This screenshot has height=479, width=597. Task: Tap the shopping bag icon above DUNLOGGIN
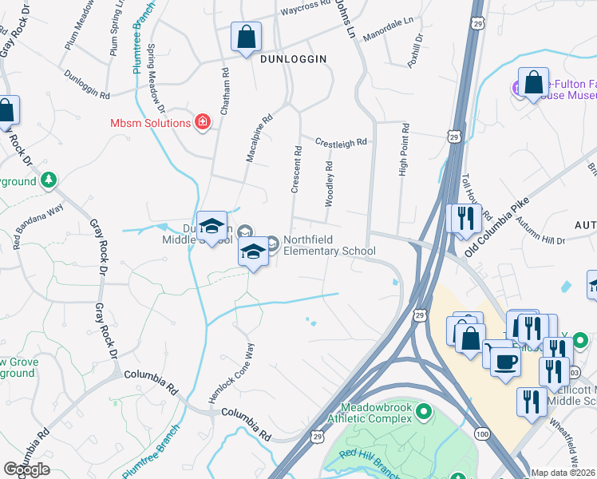247,37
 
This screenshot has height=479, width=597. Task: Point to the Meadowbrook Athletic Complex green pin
424,412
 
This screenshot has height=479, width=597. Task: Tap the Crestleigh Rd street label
340,141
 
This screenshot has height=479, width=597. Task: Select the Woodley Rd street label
328,184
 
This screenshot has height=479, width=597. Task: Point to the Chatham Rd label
225,83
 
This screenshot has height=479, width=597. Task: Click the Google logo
26,469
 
